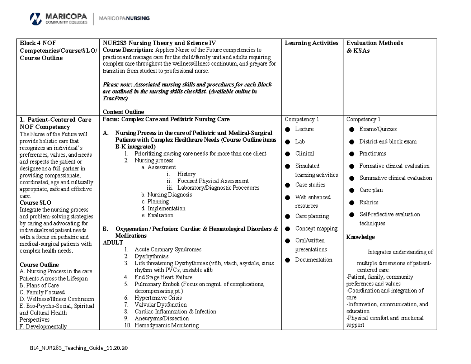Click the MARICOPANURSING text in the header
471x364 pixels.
coord(124,18)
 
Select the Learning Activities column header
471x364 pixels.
coord(311,43)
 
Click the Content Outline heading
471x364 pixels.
coord(123,112)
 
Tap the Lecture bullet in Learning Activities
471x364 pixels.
coord(304,129)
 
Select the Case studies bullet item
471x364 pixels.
coord(310,185)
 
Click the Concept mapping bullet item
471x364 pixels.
coord(316,229)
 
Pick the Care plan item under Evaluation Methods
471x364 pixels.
coord(371,190)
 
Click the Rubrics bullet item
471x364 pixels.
coord(369,202)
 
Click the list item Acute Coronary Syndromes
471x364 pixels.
coord(168,249)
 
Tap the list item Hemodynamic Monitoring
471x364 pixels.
coord(166,325)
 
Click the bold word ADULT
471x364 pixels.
coord(112,243)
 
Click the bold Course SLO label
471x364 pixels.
coord(35,203)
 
